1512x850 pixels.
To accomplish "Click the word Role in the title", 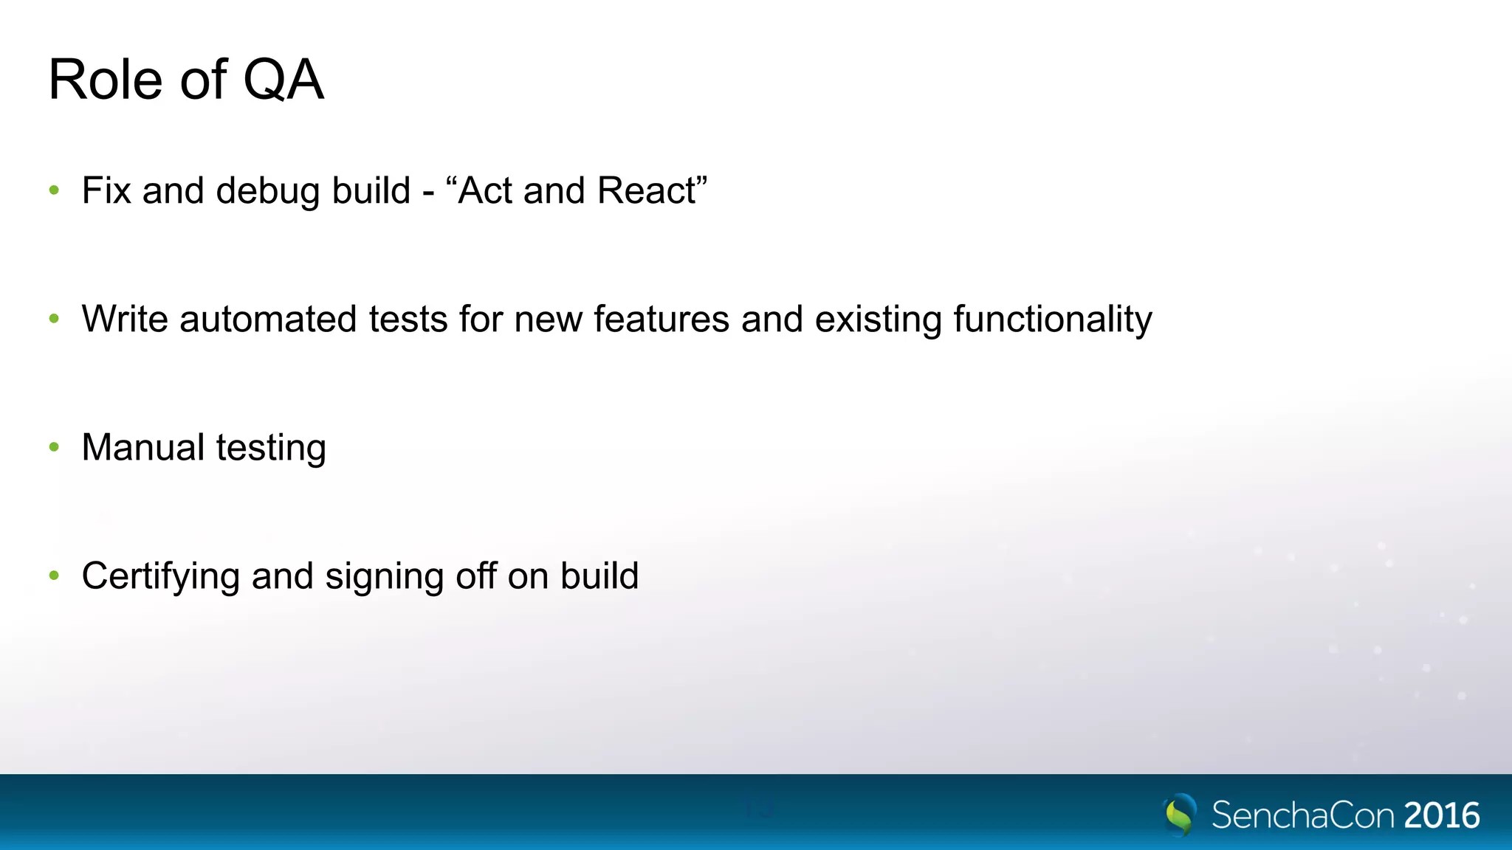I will click(x=106, y=80).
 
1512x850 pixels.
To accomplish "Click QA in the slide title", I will click(x=283, y=80).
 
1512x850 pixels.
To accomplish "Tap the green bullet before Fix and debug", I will click(x=54, y=190).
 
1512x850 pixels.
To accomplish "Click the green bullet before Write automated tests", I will click(x=54, y=319).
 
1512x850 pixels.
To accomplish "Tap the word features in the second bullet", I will click(x=661, y=319).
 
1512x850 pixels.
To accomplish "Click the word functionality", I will click(x=1053, y=319).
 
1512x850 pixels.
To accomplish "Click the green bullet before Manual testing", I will click(x=54, y=447).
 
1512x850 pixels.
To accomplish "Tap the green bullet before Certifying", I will click(x=54, y=576).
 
